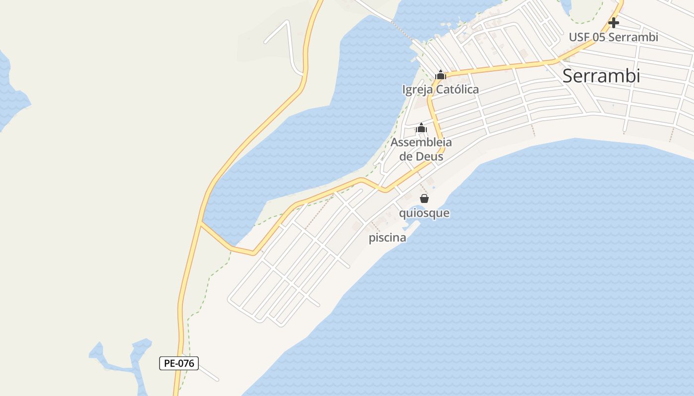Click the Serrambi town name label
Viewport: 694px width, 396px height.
pos(601,76)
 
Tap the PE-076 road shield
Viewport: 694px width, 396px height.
pos(178,363)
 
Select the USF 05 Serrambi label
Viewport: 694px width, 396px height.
pos(613,37)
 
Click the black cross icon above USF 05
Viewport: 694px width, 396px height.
pos(614,23)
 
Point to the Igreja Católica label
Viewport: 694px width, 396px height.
pos(440,90)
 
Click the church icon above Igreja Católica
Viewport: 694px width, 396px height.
pos(440,75)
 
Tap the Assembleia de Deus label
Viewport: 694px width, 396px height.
pos(421,149)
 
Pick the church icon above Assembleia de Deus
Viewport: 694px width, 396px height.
pos(421,128)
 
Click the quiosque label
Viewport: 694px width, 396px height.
pos(424,213)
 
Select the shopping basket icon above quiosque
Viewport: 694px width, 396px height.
pos(424,199)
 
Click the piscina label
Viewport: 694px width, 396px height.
pos(387,238)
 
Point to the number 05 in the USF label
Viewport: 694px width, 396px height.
pos(598,37)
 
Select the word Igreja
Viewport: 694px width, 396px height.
pos(417,90)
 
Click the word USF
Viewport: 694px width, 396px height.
pos(579,37)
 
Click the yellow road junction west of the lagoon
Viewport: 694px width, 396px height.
pos(201,224)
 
